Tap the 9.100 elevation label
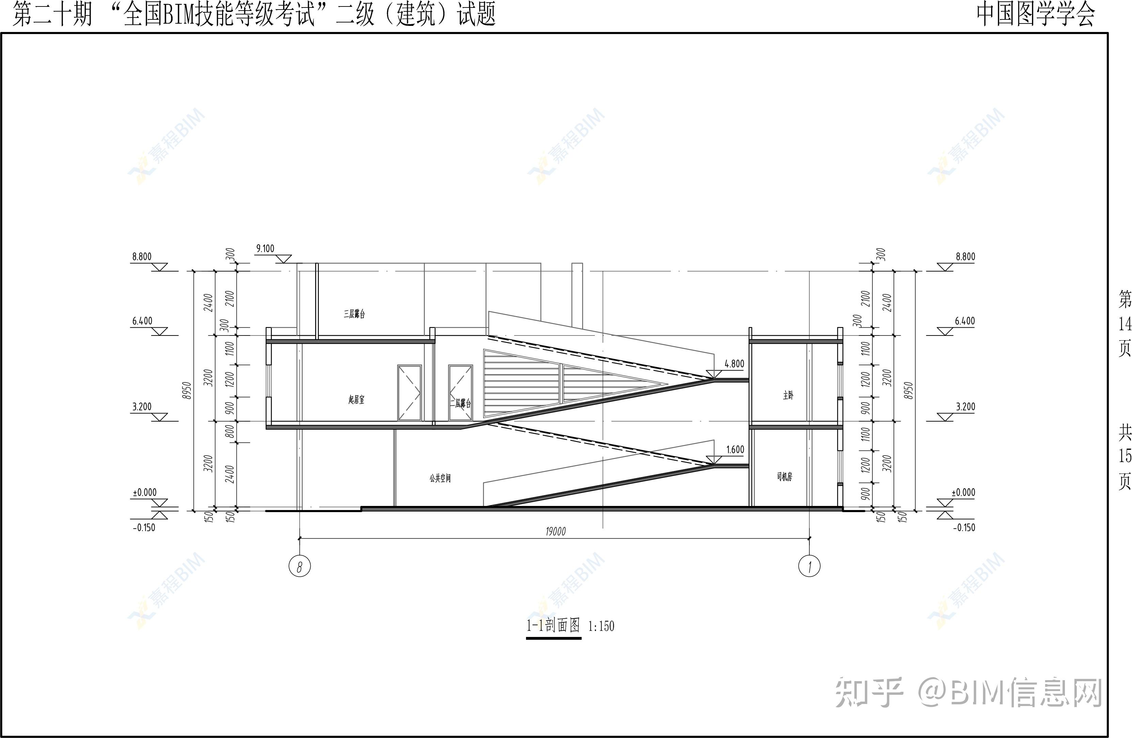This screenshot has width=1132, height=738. (265, 248)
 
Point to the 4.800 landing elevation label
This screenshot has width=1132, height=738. (734, 364)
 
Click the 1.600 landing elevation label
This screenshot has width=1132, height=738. (735, 449)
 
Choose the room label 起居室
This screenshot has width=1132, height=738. (356, 400)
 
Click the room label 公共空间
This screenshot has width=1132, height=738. (440, 478)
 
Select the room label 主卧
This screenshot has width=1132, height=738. (788, 395)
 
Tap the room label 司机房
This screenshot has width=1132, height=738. (784, 477)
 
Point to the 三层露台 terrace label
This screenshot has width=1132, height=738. (354, 314)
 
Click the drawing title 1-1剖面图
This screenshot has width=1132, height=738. (553, 625)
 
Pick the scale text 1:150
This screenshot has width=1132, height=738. (601, 626)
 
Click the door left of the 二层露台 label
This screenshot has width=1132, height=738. (409, 393)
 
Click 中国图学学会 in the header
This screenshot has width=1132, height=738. (1036, 14)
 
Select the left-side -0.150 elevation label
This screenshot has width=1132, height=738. (144, 527)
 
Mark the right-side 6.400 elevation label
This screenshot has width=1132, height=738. (965, 321)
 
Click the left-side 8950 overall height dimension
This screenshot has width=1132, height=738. (187, 391)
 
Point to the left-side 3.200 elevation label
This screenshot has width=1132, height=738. (142, 407)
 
